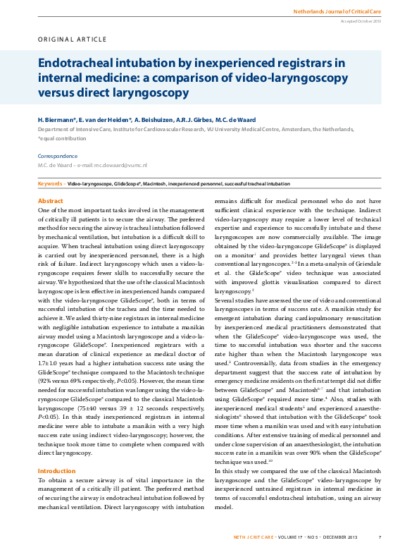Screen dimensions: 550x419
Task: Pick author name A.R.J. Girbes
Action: [209, 121]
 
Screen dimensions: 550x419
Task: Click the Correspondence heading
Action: [58, 156]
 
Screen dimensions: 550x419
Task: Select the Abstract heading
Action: [50, 201]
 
